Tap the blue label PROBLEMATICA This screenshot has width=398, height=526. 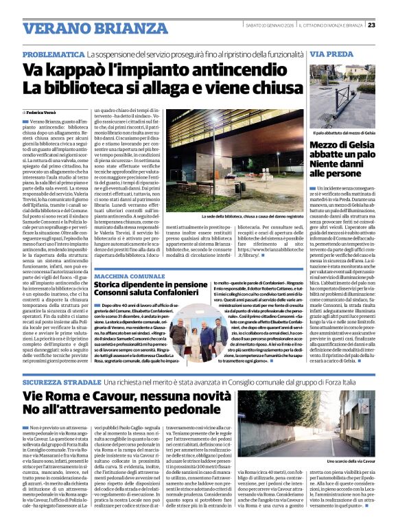pos(62,54)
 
